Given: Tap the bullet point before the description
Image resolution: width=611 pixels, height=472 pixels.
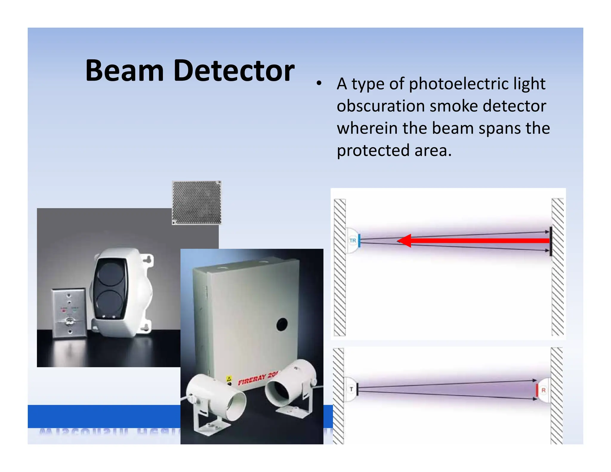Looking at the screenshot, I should pyautogui.click(x=319, y=84).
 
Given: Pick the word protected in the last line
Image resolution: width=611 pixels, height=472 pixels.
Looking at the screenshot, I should pyautogui.click(x=373, y=150).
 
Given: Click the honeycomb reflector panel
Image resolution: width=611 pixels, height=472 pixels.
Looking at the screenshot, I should pyautogui.click(x=197, y=202).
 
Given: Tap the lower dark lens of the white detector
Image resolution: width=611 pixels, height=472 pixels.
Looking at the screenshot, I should pyautogui.click(x=109, y=302).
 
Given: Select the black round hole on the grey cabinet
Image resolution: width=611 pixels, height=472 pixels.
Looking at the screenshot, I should pyautogui.click(x=282, y=324).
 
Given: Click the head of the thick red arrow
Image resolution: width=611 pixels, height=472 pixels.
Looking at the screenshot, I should pyautogui.click(x=404, y=240).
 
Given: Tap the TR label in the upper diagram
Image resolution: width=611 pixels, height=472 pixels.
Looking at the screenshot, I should pyautogui.click(x=353, y=240).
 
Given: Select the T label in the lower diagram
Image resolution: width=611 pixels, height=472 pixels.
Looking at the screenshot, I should pyautogui.click(x=351, y=389).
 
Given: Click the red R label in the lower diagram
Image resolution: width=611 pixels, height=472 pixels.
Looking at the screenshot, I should pyautogui.click(x=543, y=390).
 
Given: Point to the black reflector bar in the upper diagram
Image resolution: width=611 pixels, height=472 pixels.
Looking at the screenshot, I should pyautogui.click(x=550, y=241).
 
